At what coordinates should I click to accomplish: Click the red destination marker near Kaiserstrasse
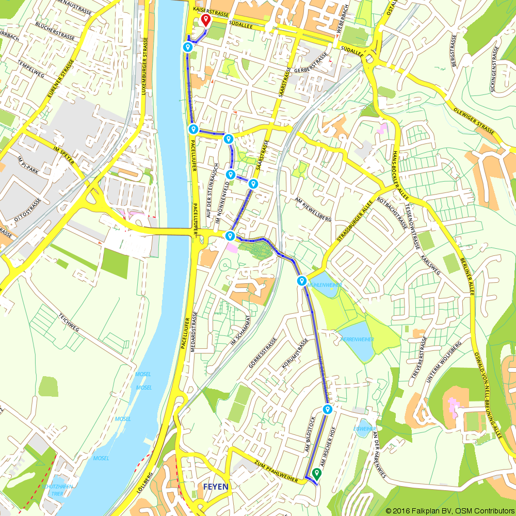(x=206, y=20)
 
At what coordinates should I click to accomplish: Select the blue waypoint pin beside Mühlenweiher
(x=302, y=280)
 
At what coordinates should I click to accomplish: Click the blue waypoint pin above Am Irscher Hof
(x=327, y=409)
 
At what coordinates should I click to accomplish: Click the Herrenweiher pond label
(x=357, y=339)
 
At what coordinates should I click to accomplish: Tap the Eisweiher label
(x=364, y=429)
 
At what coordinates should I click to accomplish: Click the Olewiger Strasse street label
(x=474, y=118)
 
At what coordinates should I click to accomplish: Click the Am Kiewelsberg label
(x=312, y=209)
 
